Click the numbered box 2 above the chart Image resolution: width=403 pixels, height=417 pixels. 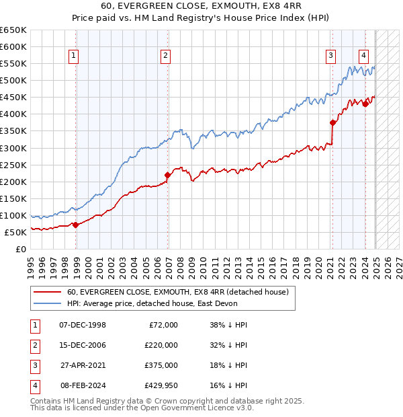pos(165,56)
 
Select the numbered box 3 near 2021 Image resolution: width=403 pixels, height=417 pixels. pos(331,56)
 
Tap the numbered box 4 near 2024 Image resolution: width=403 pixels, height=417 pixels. pos(363,56)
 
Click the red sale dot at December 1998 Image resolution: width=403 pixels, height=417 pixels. pos(76,225)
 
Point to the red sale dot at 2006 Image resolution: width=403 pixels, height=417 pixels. pos(168,175)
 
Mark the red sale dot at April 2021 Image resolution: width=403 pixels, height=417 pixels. pos(332,122)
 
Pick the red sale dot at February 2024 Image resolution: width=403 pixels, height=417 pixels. pos(365,104)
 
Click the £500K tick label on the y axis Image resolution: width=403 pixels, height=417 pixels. pos(13,80)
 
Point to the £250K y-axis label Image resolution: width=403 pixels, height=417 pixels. pos(13,165)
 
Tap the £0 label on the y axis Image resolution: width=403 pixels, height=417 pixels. pos(20,249)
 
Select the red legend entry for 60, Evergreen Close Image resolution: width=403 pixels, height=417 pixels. pos(177,292)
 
